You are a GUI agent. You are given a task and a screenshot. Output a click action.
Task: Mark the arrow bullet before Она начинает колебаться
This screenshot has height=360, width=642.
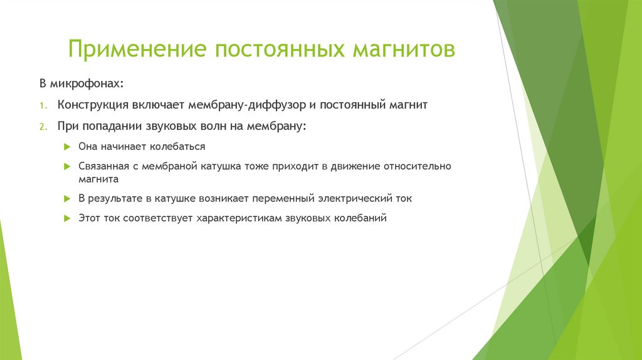(67, 146)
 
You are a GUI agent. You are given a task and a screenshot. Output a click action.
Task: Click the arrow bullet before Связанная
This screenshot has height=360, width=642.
(67, 167)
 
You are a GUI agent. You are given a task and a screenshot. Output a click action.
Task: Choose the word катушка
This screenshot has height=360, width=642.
(223, 167)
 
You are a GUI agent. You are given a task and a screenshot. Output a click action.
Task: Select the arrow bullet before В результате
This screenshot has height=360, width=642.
(67, 198)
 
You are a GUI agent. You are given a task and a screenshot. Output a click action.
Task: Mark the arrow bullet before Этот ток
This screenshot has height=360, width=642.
(67, 219)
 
